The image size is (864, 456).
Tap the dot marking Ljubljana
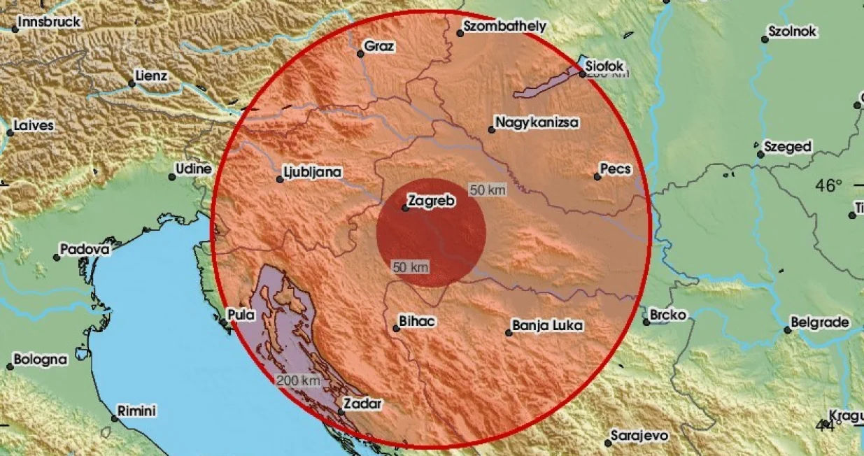tap(280, 180)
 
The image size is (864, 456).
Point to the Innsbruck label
tap(49, 22)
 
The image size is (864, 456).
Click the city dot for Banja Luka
tap(509, 333)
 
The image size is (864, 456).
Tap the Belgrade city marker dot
tap(787, 330)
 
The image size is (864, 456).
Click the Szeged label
tap(788, 147)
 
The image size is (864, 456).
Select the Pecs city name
tap(616, 169)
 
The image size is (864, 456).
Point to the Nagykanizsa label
tap(537, 123)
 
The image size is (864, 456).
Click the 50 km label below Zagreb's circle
tap(411, 266)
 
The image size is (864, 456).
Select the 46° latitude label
tap(830, 186)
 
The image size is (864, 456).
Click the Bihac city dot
tap(396, 329)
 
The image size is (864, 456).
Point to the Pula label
tap(242, 315)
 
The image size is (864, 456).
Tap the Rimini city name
tap(136, 411)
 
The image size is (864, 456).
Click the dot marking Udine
tap(172, 177)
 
